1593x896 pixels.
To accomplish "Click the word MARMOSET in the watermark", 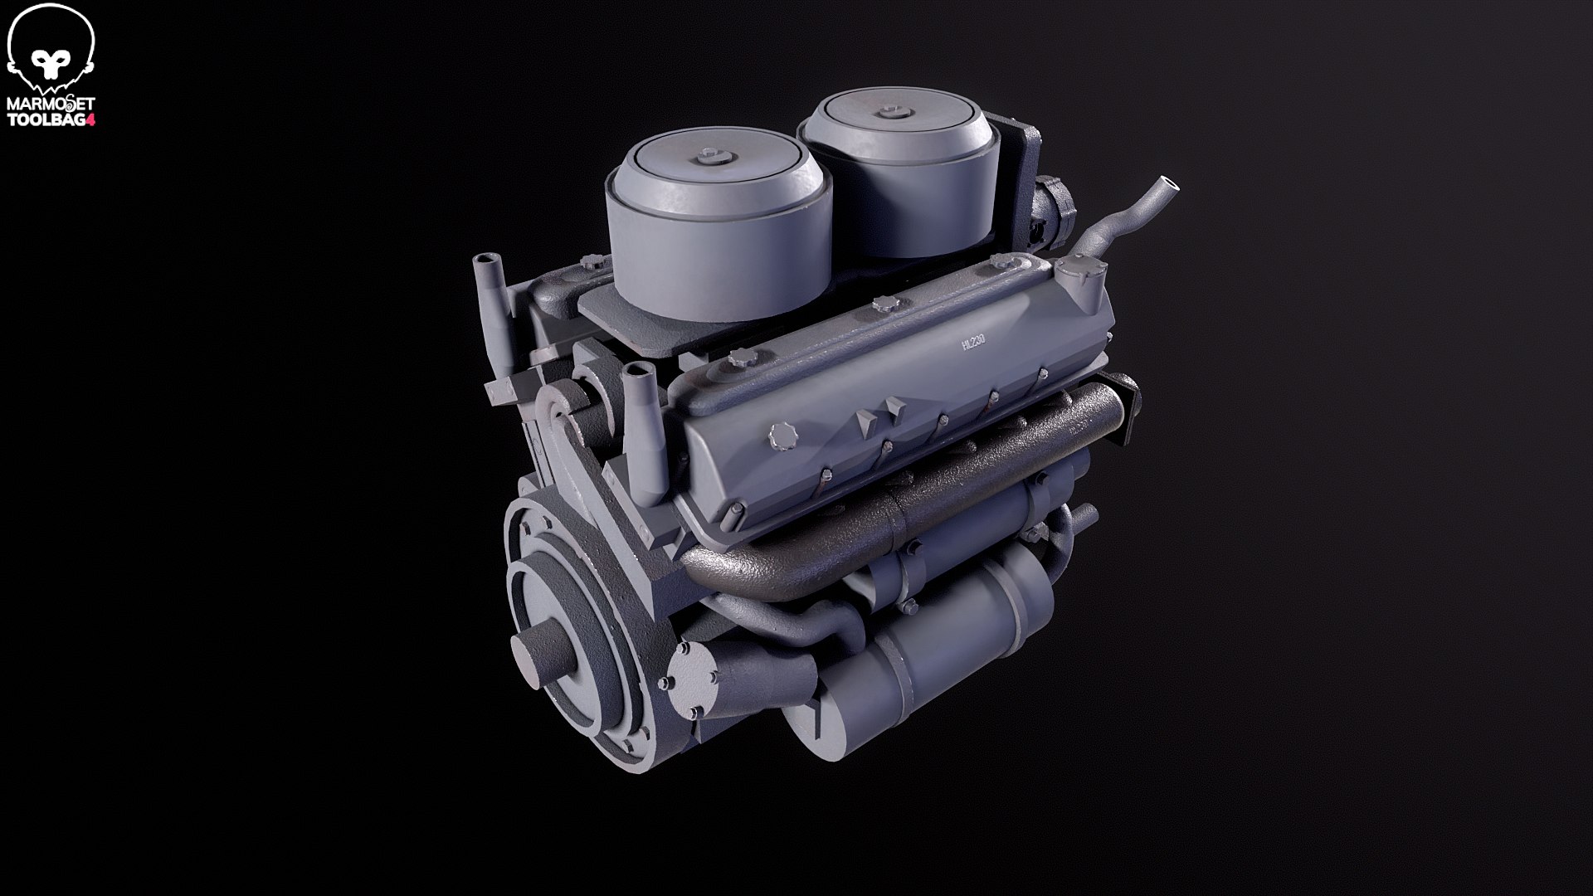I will pos(51,104).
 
